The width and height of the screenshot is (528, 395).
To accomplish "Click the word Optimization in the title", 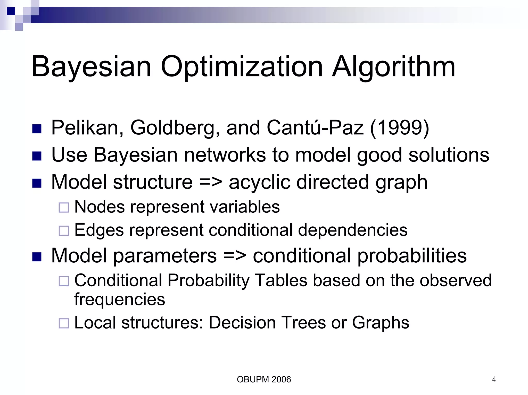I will point(242,67).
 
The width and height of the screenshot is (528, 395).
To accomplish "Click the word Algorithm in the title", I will point(393,67).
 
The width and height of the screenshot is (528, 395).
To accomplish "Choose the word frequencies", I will point(120,299).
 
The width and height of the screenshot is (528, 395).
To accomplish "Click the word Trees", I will point(303,323).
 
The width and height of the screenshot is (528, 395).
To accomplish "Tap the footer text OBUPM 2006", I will point(264,380).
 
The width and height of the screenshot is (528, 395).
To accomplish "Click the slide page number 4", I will point(494,380).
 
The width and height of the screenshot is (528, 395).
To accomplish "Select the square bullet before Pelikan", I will point(37,129).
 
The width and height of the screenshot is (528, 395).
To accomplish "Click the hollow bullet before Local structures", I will point(64,323).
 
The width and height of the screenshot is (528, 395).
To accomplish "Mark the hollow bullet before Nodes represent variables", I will point(64,208).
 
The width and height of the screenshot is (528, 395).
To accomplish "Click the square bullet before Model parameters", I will point(37,257).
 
